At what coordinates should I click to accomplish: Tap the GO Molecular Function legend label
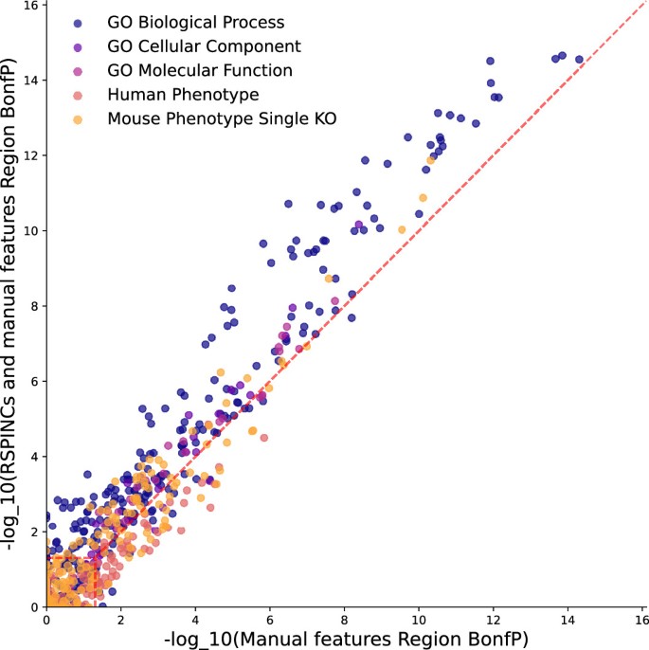(x=187, y=70)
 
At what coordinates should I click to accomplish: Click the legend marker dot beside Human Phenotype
(x=78, y=95)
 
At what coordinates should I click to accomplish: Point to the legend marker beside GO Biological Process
(x=78, y=21)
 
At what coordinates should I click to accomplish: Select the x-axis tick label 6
(x=270, y=618)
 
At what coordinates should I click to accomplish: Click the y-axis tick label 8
(x=34, y=306)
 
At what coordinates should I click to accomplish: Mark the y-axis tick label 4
(x=34, y=456)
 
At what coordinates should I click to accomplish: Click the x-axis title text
(x=346, y=638)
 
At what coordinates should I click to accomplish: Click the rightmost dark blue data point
(x=579, y=60)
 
